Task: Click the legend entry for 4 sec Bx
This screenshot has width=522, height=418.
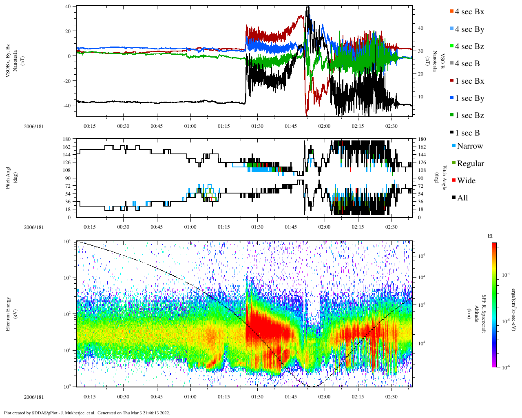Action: (469, 12)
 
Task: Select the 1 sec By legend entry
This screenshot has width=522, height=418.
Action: (469, 98)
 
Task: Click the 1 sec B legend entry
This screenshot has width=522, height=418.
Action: (467, 133)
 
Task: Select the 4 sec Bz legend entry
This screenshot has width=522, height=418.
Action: (469, 47)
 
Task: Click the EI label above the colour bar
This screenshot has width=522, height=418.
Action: (490, 236)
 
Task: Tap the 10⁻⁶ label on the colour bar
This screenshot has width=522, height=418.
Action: (504, 367)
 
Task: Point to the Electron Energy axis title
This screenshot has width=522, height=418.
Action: (8, 314)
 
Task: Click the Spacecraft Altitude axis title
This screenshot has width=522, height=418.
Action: (479, 314)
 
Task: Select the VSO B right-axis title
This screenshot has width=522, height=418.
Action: (439, 61)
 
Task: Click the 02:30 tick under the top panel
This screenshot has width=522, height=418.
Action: (391, 126)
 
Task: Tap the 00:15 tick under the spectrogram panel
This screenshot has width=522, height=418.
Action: (90, 396)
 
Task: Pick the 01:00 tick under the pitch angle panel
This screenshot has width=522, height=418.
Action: (190, 227)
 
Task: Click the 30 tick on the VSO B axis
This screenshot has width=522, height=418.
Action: (420, 51)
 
